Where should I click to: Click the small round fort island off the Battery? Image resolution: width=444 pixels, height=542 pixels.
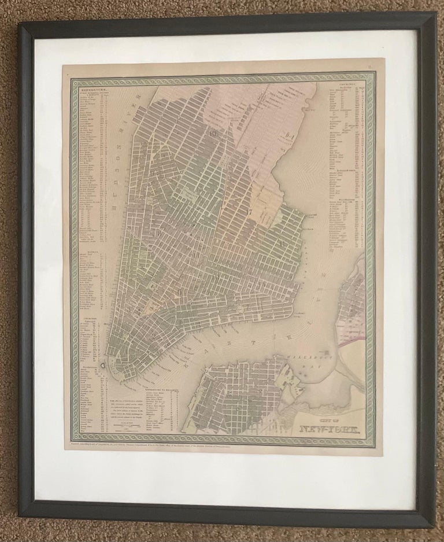[x=102, y=366]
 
